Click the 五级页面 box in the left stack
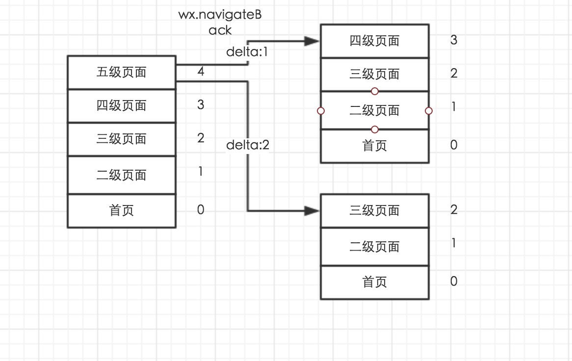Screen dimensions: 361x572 121,73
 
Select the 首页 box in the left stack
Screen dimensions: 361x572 121,211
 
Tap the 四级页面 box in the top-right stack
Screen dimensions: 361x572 374,41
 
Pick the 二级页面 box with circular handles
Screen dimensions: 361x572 374,110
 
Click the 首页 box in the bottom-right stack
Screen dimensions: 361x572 374,282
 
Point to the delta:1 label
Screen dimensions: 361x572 247,52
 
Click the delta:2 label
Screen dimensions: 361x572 247,145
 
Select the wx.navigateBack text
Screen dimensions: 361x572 220,22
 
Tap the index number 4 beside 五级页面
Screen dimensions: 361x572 201,72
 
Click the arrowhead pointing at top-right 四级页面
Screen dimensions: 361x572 312,41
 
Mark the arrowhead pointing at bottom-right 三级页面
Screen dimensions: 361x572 312,211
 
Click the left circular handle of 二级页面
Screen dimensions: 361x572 321,111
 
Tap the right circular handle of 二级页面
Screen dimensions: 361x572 429,111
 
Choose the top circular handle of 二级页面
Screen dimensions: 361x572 375,91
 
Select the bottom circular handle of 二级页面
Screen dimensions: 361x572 375,129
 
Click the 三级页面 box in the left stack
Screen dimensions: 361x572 121,139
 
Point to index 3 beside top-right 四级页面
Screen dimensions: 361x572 454,40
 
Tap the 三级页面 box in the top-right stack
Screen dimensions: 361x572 374,75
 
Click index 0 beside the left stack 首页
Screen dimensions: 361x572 201,210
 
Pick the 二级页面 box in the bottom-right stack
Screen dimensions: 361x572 374,247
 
